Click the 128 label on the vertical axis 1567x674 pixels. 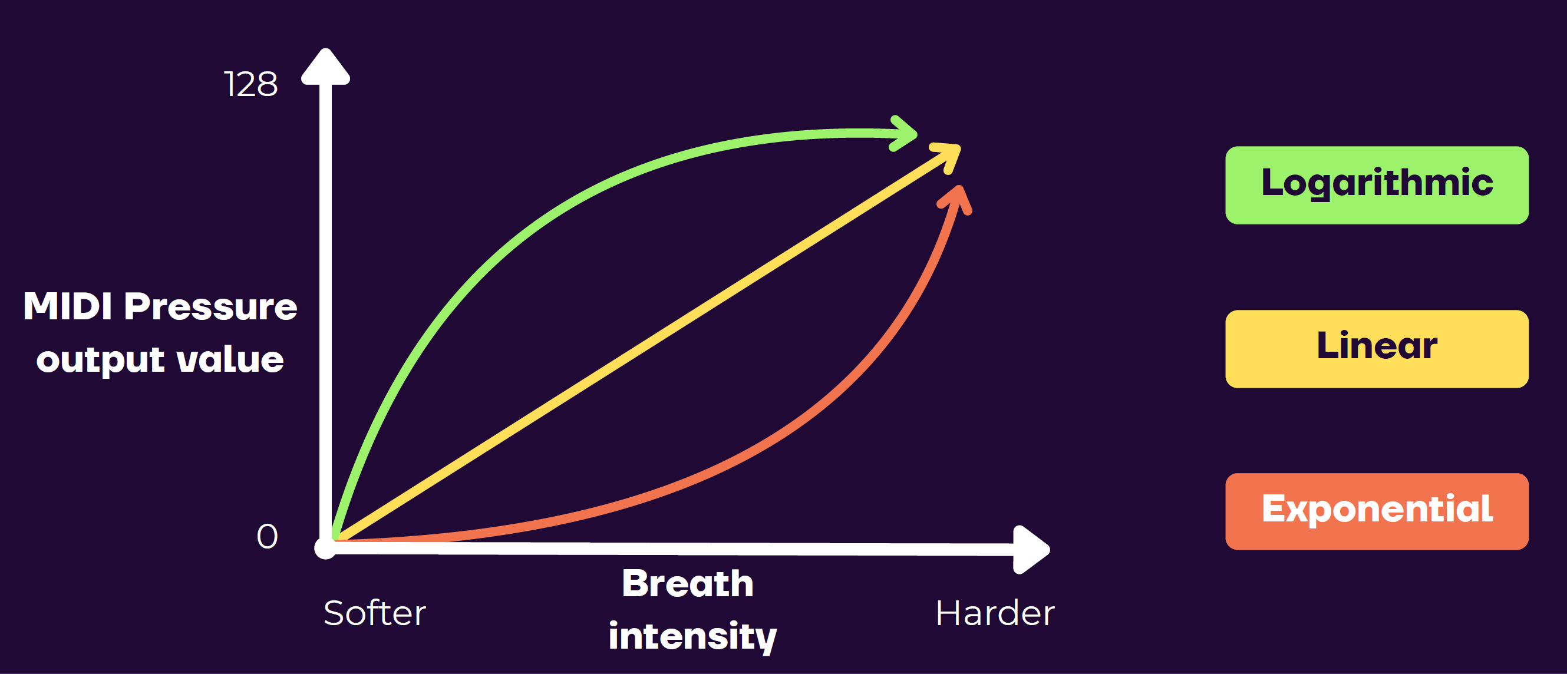tap(251, 84)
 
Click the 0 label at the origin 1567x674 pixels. tap(267, 537)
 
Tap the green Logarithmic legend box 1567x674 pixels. tap(1377, 185)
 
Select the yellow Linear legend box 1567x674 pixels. tap(1377, 349)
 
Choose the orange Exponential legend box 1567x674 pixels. tap(1377, 511)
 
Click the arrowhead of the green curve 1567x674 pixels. tap(903, 133)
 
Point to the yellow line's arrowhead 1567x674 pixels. tap(946, 157)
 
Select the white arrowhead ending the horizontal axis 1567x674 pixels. tap(1031, 549)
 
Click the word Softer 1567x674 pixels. tap(375, 613)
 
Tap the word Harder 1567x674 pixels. tap(995, 613)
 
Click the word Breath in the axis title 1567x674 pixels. tap(688, 583)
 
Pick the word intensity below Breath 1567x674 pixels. tap(693, 636)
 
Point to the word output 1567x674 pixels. tap(100, 360)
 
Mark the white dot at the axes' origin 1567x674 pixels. tap(325, 548)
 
